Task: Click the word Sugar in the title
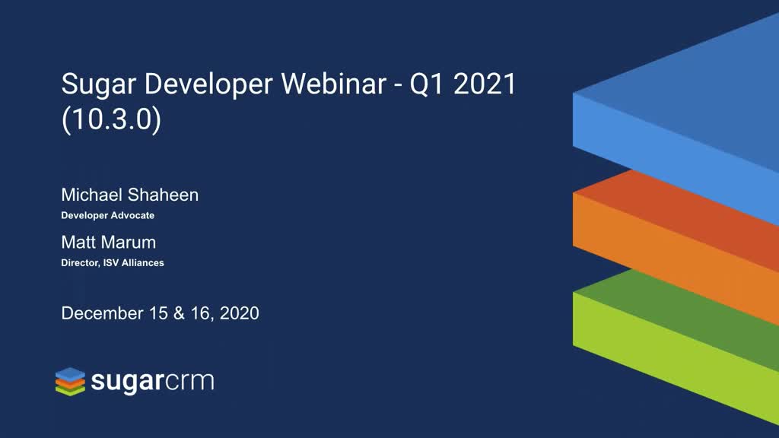point(98,84)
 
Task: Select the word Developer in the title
point(208,84)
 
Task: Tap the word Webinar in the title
point(334,84)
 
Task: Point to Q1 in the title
point(427,84)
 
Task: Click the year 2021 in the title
point(485,84)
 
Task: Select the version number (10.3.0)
point(111,119)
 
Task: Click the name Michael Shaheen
point(129,195)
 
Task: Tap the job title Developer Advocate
point(108,215)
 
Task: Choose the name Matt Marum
point(108,243)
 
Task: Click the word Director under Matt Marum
point(80,263)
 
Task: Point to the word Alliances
point(142,262)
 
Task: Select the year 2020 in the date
point(240,313)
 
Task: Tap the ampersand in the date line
point(180,313)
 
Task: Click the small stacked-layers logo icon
point(70,382)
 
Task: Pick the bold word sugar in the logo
point(127,382)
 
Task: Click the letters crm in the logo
point(189,381)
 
